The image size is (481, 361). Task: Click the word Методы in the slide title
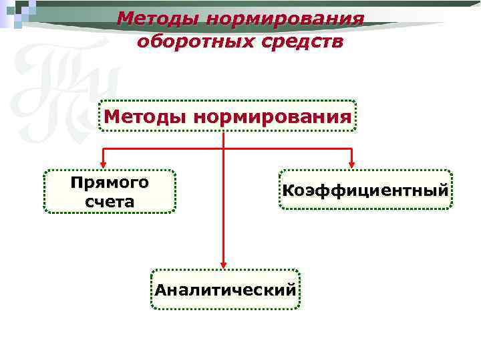158,18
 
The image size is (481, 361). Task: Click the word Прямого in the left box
110,182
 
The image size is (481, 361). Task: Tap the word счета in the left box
110,201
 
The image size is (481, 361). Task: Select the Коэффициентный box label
365,191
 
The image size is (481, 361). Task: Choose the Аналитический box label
225,290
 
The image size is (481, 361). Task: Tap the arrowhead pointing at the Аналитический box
223,264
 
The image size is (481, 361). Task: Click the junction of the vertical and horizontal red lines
223,147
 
